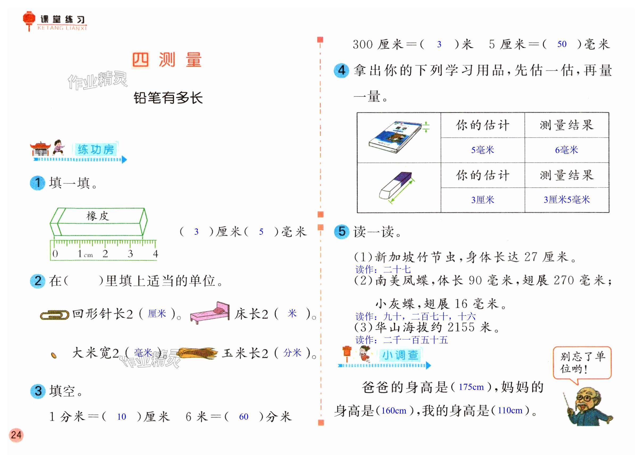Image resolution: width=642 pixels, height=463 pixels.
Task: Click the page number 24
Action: tap(16, 435)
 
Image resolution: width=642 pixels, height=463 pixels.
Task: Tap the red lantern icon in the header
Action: tap(29, 20)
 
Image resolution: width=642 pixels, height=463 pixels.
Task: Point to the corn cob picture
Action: tap(197, 353)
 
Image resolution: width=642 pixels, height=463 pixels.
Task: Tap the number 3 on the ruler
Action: tap(130, 254)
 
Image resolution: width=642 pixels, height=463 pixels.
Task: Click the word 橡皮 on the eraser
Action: tap(98, 216)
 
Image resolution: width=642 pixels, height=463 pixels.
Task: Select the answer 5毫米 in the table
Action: tap(482, 150)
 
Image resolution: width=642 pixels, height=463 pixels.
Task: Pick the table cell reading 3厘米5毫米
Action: tap(567, 200)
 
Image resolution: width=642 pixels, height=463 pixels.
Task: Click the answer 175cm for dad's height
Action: tap(471, 387)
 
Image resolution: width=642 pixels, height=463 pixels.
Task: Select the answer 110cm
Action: tap(510, 410)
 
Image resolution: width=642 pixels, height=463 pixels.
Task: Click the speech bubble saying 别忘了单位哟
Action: tap(582, 363)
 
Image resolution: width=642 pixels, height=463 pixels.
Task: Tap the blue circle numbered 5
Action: tap(342, 231)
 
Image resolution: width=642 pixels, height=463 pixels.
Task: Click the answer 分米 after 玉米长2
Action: tap(292, 353)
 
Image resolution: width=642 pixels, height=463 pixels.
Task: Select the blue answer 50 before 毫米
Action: tap(562, 44)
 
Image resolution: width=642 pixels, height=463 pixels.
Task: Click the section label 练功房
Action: tap(96, 149)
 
